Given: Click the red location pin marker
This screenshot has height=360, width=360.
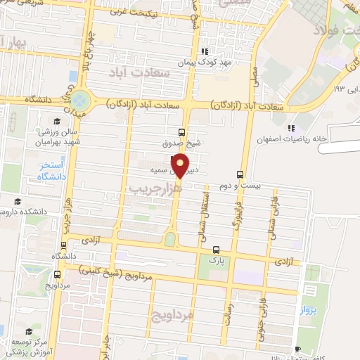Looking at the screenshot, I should pos(181,166).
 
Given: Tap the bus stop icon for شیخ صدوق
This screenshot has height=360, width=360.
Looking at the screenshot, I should pos(182,131).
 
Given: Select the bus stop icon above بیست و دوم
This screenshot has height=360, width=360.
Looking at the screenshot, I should pos(240,174).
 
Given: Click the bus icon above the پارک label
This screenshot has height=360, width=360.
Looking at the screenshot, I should pos(216,249).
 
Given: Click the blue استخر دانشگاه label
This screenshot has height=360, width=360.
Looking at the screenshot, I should pos(51,171).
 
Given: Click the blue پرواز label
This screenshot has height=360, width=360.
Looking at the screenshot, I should pos(309,309).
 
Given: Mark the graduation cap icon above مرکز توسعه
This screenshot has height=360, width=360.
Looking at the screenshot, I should pos(30,331).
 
